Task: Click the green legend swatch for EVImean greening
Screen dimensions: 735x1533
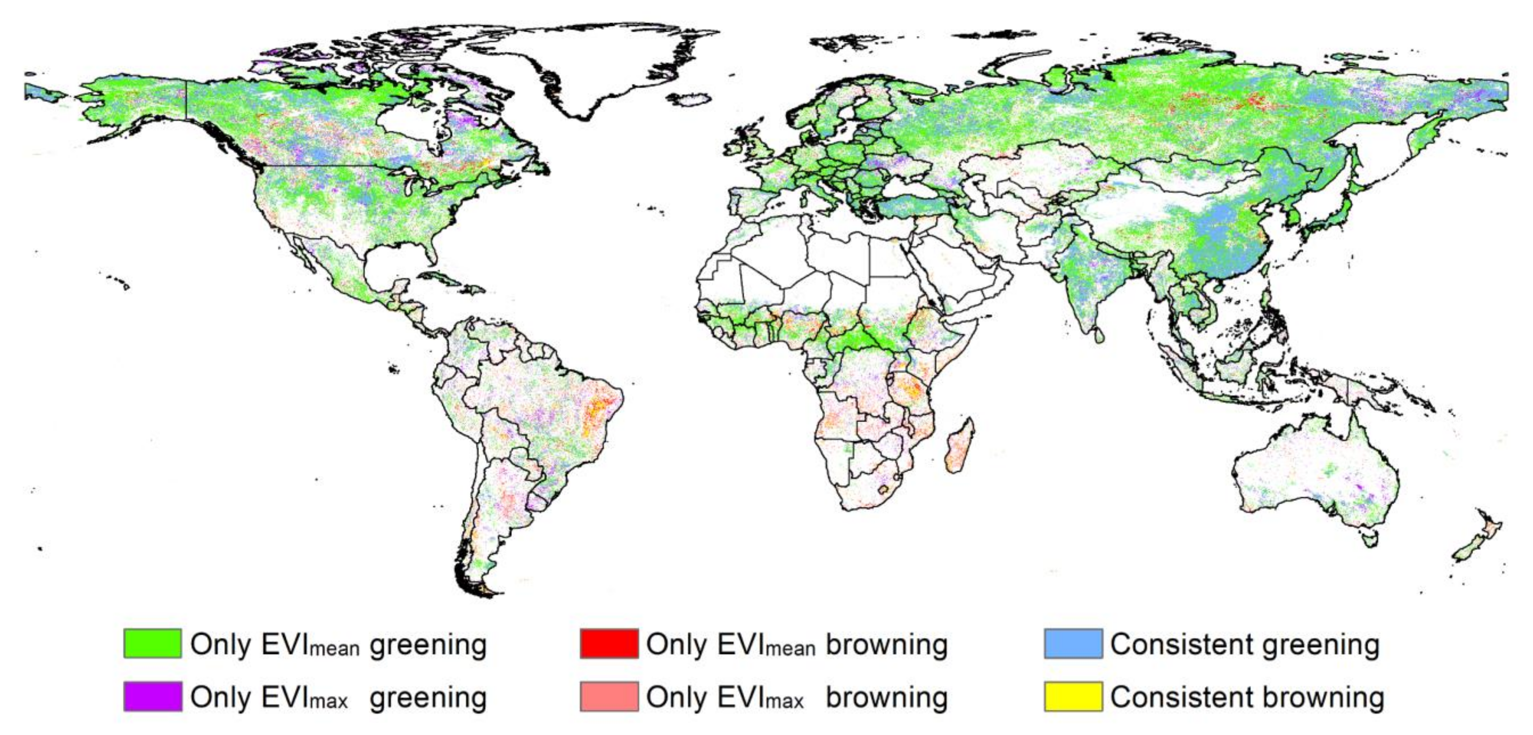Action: (152, 644)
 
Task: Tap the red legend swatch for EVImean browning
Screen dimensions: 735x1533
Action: (609, 644)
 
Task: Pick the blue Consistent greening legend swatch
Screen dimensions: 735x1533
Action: (1073, 644)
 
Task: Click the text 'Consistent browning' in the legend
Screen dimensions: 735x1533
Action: (1247, 697)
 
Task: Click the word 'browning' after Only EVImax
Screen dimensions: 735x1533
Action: (887, 697)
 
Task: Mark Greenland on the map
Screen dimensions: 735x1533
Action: (595, 66)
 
